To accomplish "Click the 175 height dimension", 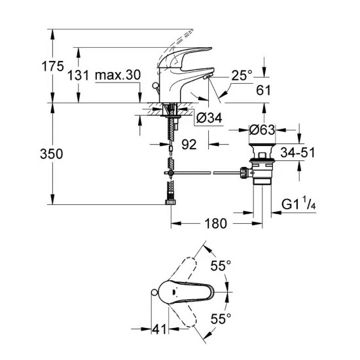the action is pos(52,67).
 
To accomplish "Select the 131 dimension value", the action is pos(78,75).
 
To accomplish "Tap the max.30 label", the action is pos(118,75).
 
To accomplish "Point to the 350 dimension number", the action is pos(52,154).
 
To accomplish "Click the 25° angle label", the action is pos(242,75).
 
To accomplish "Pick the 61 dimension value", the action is pos(263,90).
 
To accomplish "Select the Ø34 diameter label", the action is pos(209,118).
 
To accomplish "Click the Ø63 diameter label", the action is pos(262,130).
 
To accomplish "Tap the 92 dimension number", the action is pos(189,145).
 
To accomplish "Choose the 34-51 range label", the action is pos(298,153).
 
